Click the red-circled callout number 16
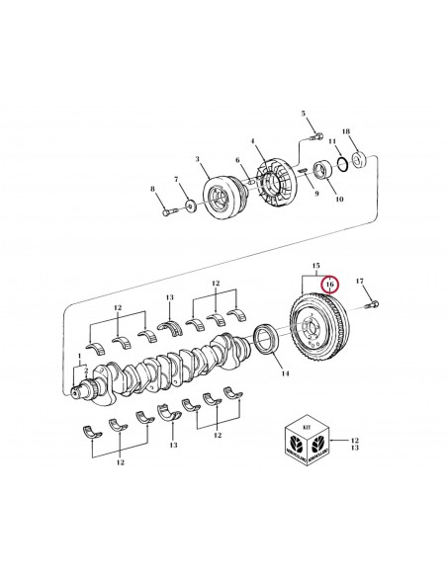pos(329,283)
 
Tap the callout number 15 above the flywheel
pos(316,266)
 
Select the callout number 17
pos(360,283)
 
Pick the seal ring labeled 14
pos(266,339)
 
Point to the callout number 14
pos(285,375)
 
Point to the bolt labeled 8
pos(162,209)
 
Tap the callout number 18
pos(344,130)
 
